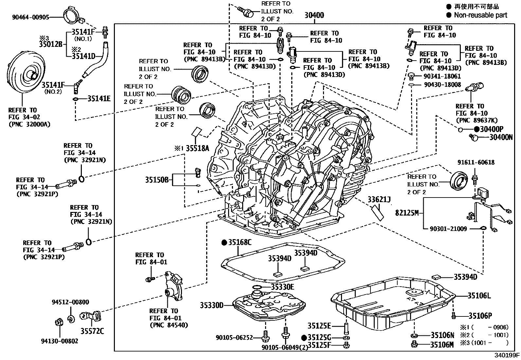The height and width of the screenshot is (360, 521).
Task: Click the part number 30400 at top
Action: [x=314, y=15]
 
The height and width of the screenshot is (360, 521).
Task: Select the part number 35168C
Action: [x=240, y=242]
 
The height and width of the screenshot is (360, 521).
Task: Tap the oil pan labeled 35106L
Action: [x=393, y=303]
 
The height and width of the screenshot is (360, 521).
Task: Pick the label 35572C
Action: [x=92, y=331]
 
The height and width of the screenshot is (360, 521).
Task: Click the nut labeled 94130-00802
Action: [x=59, y=323]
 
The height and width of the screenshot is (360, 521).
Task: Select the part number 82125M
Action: [x=407, y=213]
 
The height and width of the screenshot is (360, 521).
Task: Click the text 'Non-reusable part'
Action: [x=480, y=15]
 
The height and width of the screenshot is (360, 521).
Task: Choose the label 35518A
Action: [x=197, y=148]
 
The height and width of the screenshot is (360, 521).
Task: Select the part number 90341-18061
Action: [x=442, y=76]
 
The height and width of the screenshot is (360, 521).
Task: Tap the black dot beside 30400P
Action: [x=476, y=129]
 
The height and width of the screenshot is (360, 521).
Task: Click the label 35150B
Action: [x=157, y=180]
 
